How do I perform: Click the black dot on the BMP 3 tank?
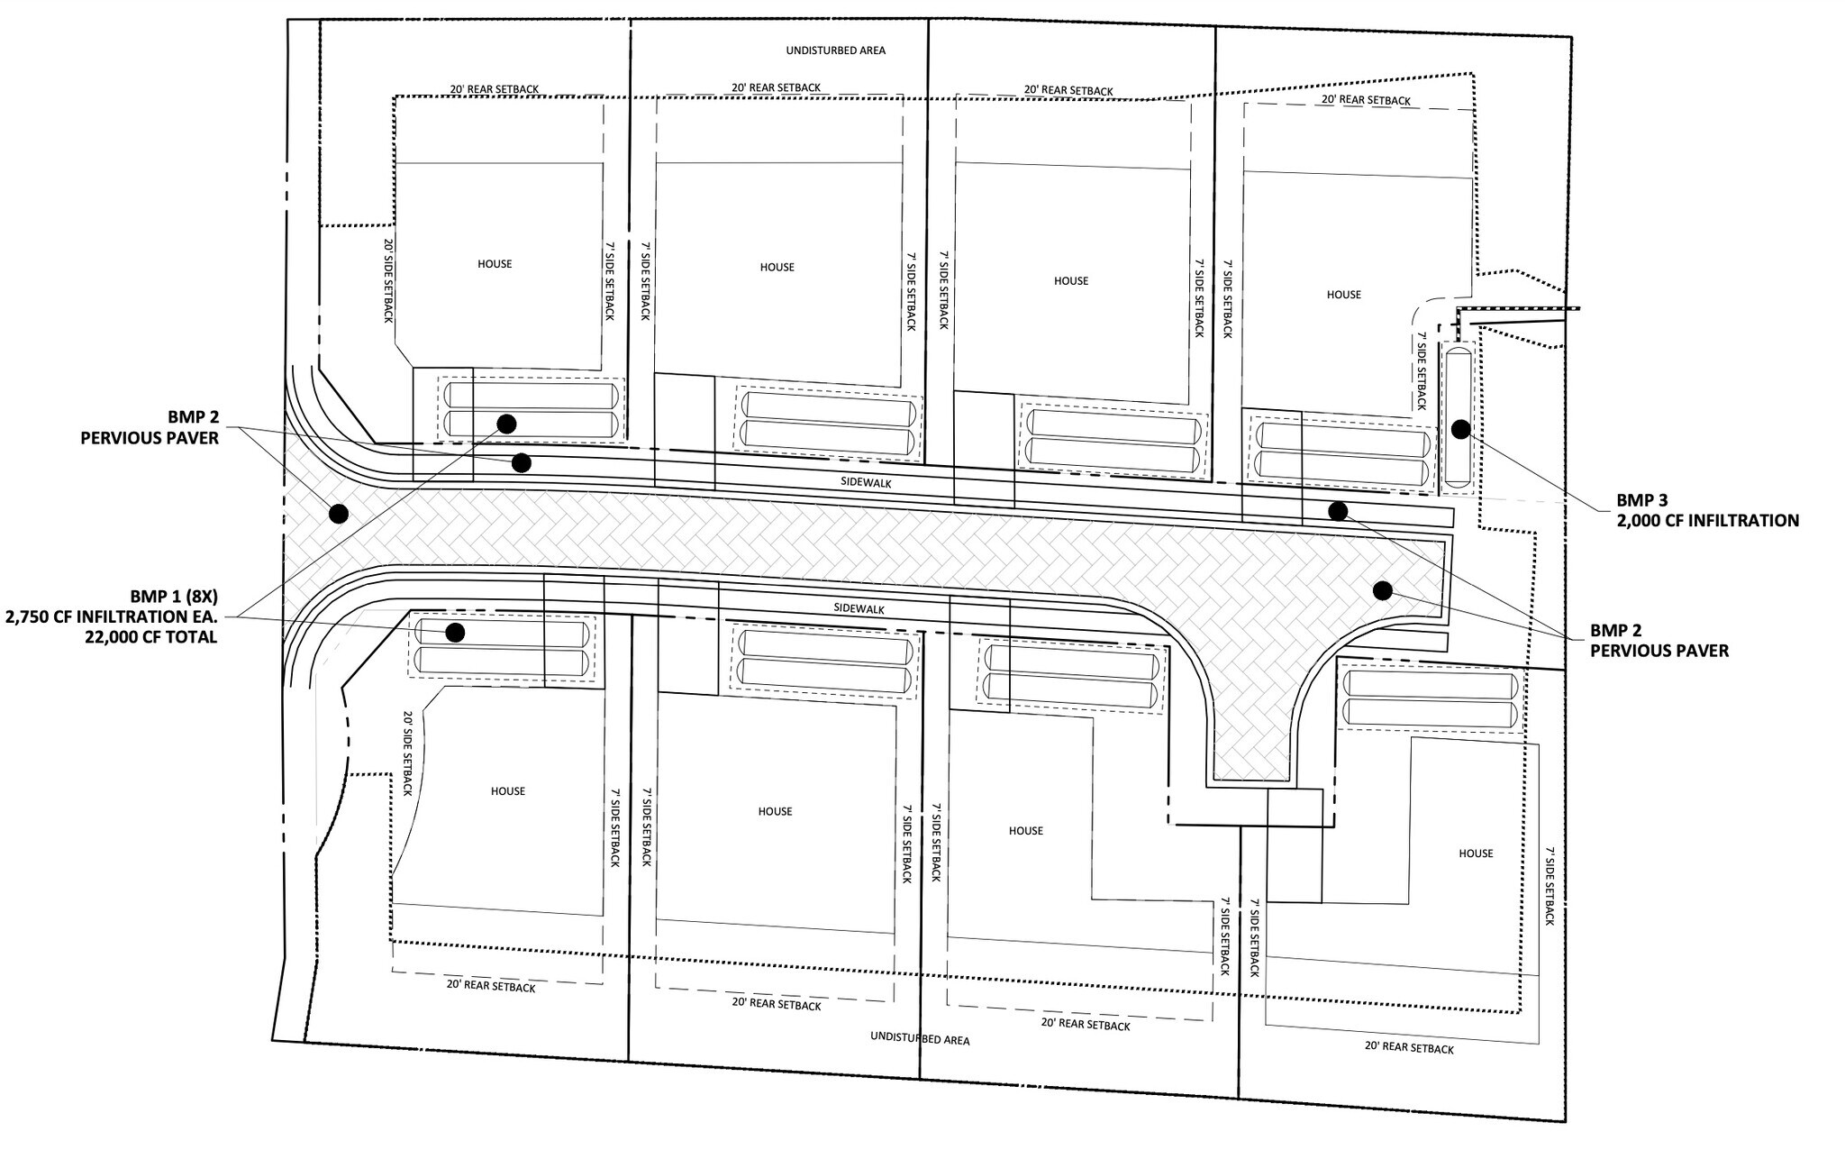pos(1460,429)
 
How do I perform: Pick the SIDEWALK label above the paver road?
pos(867,483)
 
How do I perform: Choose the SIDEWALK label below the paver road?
pos(859,609)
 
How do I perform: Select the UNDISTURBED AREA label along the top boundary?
pos(836,50)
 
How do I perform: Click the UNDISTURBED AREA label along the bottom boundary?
pos(920,1038)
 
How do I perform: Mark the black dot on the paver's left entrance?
pos(339,514)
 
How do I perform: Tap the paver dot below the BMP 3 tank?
pos(1382,590)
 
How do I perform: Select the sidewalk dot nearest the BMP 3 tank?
pos(1338,511)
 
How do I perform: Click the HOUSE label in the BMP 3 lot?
pos(1343,295)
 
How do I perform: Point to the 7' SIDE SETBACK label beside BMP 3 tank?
pos(1422,370)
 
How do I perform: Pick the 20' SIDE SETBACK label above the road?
pos(388,281)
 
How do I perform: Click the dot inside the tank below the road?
pos(455,633)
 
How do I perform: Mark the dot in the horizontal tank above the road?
pos(506,423)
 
